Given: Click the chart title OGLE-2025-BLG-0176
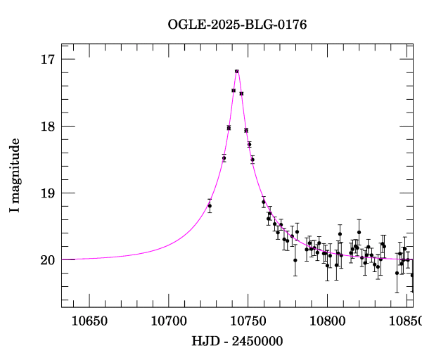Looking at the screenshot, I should (x=237, y=25).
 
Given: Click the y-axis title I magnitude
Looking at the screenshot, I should (x=15, y=176).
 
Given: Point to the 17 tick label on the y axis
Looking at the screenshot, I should (x=48, y=60).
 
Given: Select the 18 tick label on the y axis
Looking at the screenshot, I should (x=48, y=127).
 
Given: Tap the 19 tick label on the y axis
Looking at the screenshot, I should (x=48, y=193).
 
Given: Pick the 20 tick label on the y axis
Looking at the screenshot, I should (x=48, y=260).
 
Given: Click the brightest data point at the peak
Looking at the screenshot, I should (x=237, y=71).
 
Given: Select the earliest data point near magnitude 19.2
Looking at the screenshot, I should (x=210, y=205).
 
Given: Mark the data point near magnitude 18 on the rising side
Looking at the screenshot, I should (x=229, y=127).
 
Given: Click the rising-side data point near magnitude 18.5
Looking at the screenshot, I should (x=224, y=158).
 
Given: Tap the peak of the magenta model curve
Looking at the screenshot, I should (x=237, y=70).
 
